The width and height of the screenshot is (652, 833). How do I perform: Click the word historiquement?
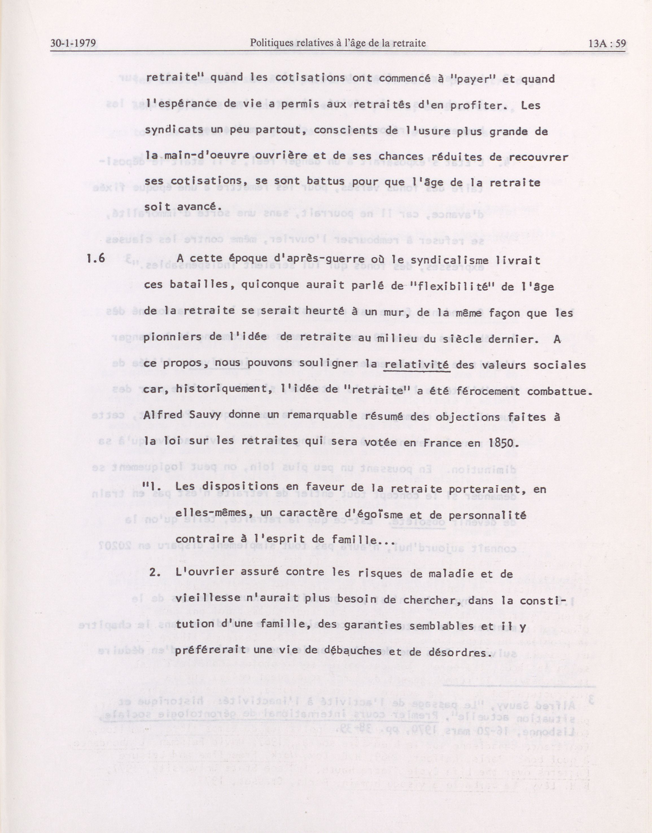(219, 391)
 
